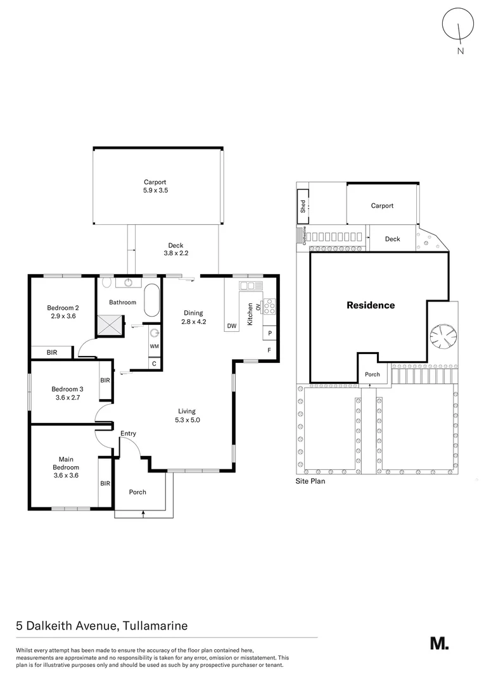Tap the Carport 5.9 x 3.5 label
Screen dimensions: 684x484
point(158,186)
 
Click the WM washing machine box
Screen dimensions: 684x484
point(154,346)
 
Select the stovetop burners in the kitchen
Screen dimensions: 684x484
point(269,307)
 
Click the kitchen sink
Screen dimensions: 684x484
point(246,286)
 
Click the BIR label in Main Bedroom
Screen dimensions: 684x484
point(105,483)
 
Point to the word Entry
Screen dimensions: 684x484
point(129,433)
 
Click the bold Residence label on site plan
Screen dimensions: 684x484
point(371,305)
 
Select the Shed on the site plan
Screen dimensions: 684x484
point(303,206)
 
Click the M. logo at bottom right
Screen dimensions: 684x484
point(439,643)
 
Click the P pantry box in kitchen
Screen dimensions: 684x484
point(270,332)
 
